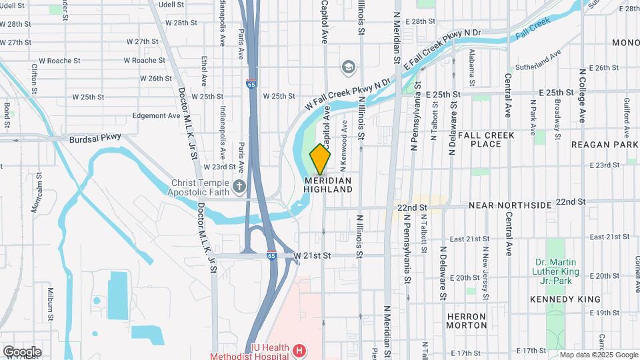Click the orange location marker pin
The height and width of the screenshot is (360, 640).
click(x=321, y=159)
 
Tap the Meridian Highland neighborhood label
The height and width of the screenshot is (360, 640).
click(x=328, y=185)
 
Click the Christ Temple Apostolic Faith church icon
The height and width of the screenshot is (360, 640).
click(x=240, y=185)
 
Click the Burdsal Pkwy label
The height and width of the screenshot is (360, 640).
click(x=97, y=139)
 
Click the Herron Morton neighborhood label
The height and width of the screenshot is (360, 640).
click(x=467, y=320)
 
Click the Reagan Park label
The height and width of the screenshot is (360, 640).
click(x=605, y=144)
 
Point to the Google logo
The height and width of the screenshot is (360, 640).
click(x=22, y=351)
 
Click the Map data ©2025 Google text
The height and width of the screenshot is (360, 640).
click(x=598, y=355)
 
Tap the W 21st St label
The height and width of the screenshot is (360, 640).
click(x=312, y=255)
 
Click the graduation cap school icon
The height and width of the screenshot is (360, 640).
click(x=347, y=67)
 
